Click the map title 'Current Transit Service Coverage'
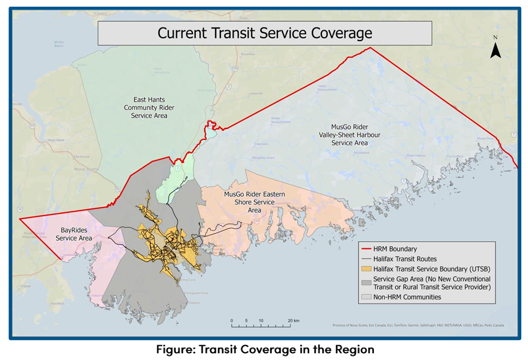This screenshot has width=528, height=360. pyautogui.click(x=264, y=33)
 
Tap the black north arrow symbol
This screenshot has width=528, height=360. pyautogui.click(x=495, y=51)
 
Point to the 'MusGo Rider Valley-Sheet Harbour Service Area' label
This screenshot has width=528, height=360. pyautogui.click(x=349, y=135)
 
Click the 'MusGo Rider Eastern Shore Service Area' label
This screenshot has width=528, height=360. pyautogui.click(x=255, y=202)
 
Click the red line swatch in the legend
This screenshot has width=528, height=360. pyautogui.click(x=366, y=249)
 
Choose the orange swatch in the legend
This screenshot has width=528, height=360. pyautogui.click(x=366, y=268)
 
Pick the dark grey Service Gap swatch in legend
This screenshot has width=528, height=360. pyautogui.click(x=366, y=281)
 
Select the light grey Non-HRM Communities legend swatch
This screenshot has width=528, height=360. pyautogui.click(x=366, y=297)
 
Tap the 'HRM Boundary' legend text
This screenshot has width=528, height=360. pyautogui.click(x=395, y=249)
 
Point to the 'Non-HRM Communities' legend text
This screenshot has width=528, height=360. pyautogui.click(x=408, y=297)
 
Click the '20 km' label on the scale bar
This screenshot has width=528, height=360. pyautogui.click(x=293, y=321)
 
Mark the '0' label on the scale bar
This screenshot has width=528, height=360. pyautogui.click(x=232, y=321)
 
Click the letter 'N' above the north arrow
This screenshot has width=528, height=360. pyautogui.click(x=496, y=38)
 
